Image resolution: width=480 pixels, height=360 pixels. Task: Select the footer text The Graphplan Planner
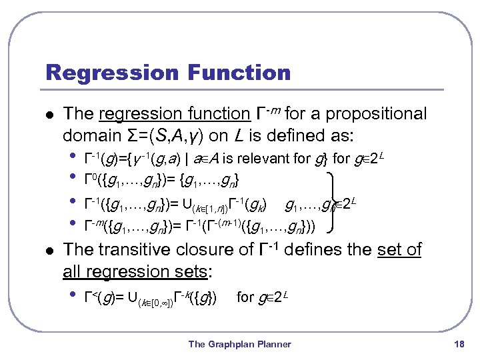pos(240,344)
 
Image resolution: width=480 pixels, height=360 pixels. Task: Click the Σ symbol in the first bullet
pos(133,135)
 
